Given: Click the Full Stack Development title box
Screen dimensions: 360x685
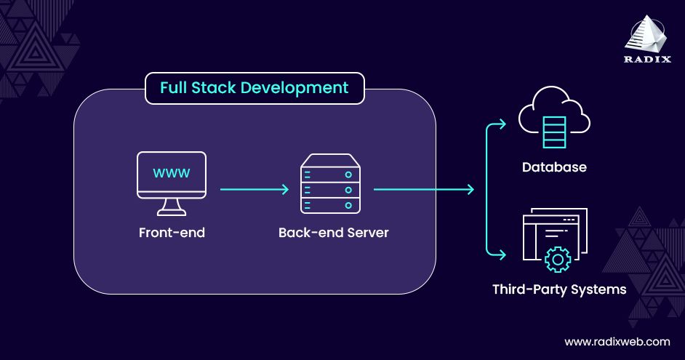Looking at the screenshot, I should [254, 88].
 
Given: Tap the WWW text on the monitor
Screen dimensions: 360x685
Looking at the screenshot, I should [172, 173].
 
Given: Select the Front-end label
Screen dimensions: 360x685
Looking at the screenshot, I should [172, 233].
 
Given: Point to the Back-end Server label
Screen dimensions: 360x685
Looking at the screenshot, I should [333, 233].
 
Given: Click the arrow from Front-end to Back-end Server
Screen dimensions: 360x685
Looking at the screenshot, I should [254, 190].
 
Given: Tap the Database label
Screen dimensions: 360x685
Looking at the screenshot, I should [553, 167].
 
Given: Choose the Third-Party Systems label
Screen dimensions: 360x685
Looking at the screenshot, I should [558, 289].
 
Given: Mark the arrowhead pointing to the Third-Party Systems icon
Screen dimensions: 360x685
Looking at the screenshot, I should [502, 255].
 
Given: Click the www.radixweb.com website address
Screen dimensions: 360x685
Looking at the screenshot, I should [617, 341].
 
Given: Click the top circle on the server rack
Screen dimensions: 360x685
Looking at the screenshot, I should [349, 175].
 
